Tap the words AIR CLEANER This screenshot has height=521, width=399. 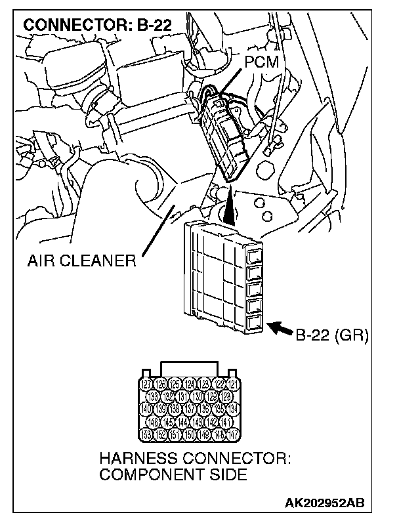click(x=82, y=261)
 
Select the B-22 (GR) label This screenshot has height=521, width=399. click(x=332, y=336)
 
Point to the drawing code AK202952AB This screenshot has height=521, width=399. click(x=327, y=503)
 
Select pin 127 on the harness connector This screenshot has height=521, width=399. click(x=147, y=385)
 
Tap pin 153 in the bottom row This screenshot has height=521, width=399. click(x=147, y=434)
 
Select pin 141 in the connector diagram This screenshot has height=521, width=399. click(x=226, y=422)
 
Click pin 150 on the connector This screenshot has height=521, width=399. click(x=191, y=434)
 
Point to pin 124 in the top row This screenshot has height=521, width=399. click(x=191, y=385)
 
